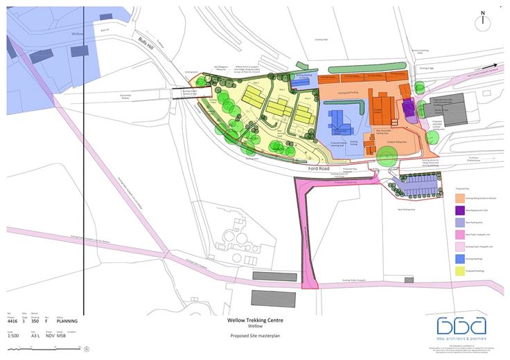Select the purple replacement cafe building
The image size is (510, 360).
[x=407, y=109]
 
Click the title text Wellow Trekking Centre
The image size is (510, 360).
[x=255, y=321]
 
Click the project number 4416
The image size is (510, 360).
[x=12, y=321]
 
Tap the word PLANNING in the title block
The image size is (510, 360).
[x=67, y=321]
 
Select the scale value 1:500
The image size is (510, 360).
[x=14, y=336]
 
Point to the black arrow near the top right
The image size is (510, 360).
[x=490, y=66]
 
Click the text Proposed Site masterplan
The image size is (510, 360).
[x=254, y=336]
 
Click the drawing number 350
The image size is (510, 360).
[x=35, y=321]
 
